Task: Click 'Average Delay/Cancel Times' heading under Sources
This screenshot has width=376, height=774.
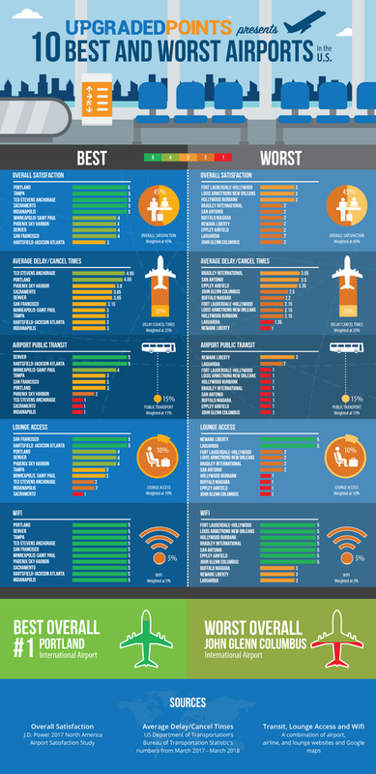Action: [x=188, y=724]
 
